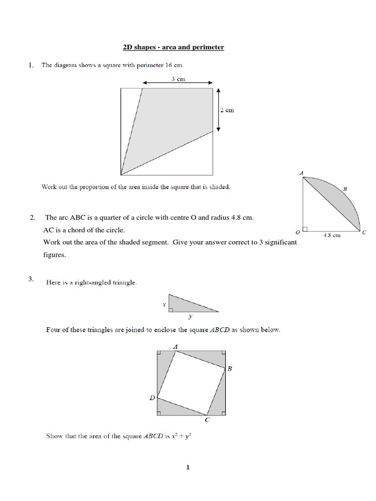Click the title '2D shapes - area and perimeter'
(x=173, y=47)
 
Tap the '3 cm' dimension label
(x=178, y=79)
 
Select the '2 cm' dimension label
(x=228, y=110)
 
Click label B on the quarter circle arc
(x=345, y=188)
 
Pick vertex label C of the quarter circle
(x=364, y=232)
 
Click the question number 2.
(x=32, y=218)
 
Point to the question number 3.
(x=31, y=279)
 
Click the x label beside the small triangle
(x=164, y=304)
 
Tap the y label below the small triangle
(x=190, y=317)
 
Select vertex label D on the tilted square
(x=152, y=398)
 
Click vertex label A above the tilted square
(x=175, y=346)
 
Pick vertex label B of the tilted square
(x=229, y=369)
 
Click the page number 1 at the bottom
(x=188, y=467)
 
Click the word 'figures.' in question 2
(x=54, y=255)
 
